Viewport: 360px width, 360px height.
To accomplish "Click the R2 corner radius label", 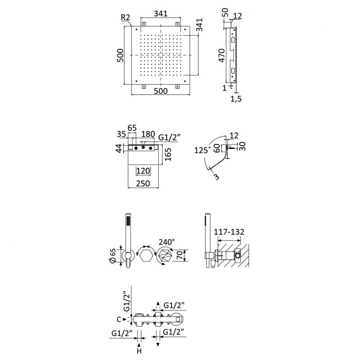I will click(x=126, y=18).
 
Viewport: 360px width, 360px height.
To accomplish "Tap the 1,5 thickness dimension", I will click(x=236, y=99).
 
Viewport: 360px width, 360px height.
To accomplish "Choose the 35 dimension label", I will click(x=121, y=134).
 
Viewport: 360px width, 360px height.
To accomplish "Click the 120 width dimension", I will click(x=144, y=171).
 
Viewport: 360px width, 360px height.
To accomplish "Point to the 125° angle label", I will click(x=202, y=150).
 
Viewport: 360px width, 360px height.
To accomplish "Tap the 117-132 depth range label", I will click(x=229, y=232).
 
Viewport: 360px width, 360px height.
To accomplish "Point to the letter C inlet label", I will click(x=118, y=319).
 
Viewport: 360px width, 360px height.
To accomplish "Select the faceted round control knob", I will click(x=165, y=257).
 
